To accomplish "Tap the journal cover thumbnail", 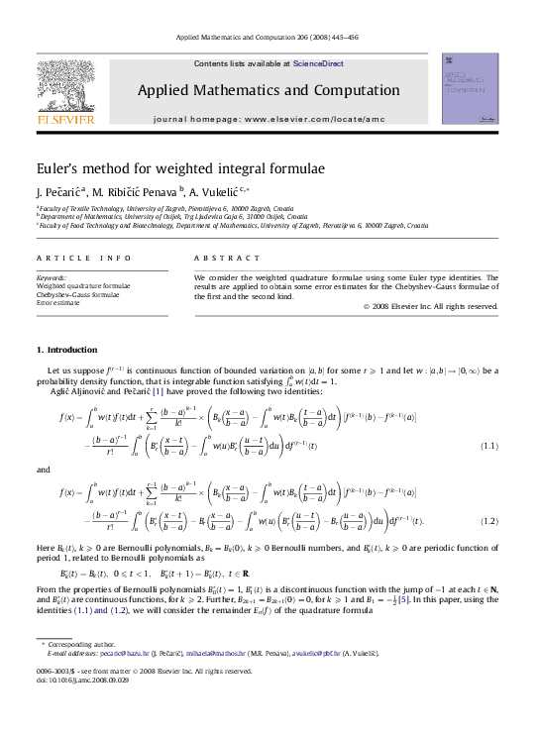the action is coord(470,89).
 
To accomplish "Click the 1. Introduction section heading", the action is coord(67,351).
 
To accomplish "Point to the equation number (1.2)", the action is coord(487,521).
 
